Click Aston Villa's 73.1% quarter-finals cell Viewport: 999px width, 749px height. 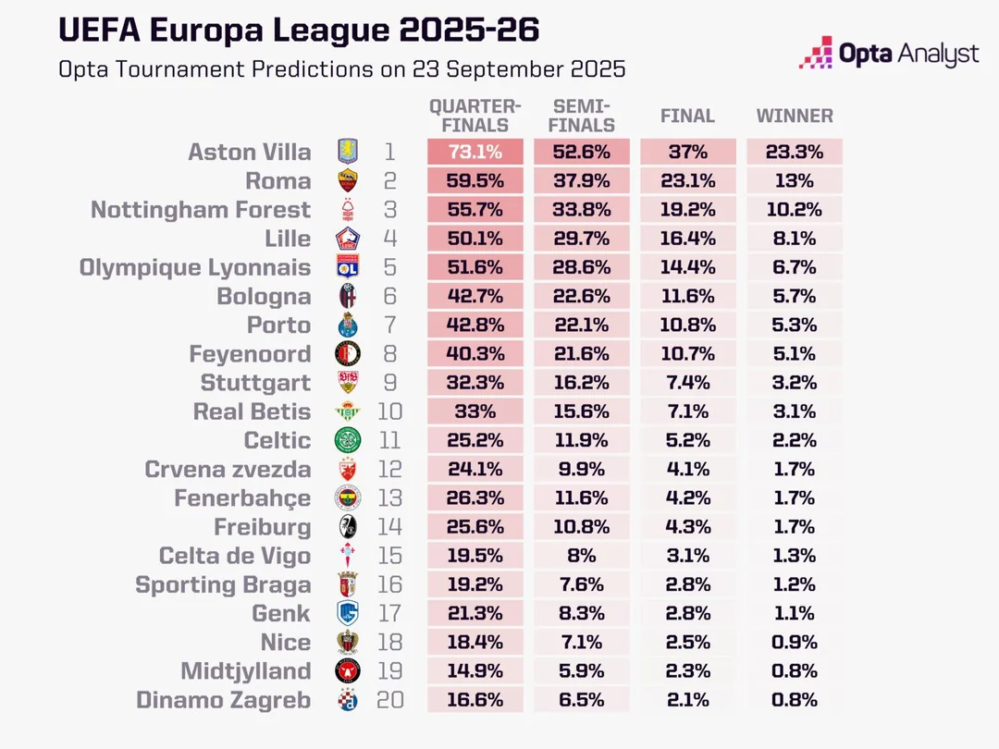tap(475, 152)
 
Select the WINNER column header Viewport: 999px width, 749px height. tap(795, 117)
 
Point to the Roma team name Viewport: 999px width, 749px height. tap(277, 180)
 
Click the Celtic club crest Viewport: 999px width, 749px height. tap(349, 440)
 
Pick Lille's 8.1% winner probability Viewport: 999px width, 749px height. tap(795, 239)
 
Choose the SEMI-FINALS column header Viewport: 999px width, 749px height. tap(581, 116)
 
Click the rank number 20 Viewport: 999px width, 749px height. tap(390, 700)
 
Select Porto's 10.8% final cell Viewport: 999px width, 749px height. tap(687, 325)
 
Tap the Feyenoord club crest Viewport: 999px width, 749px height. tap(349, 354)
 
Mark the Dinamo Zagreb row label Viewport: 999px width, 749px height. tap(223, 700)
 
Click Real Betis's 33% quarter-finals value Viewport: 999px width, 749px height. tap(475, 411)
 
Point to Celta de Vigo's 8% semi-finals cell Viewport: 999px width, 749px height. tap(581, 556)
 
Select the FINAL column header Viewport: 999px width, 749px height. tap(687, 117)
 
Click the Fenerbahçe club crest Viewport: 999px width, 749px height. tap(349, 498)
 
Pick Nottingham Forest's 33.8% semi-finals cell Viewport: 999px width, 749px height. tap(581, 210)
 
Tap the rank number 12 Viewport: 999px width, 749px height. tap(390, 470)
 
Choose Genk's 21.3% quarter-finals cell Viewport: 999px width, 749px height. tap(475, 613)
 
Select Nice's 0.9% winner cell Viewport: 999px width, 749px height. tap(795, 642)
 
